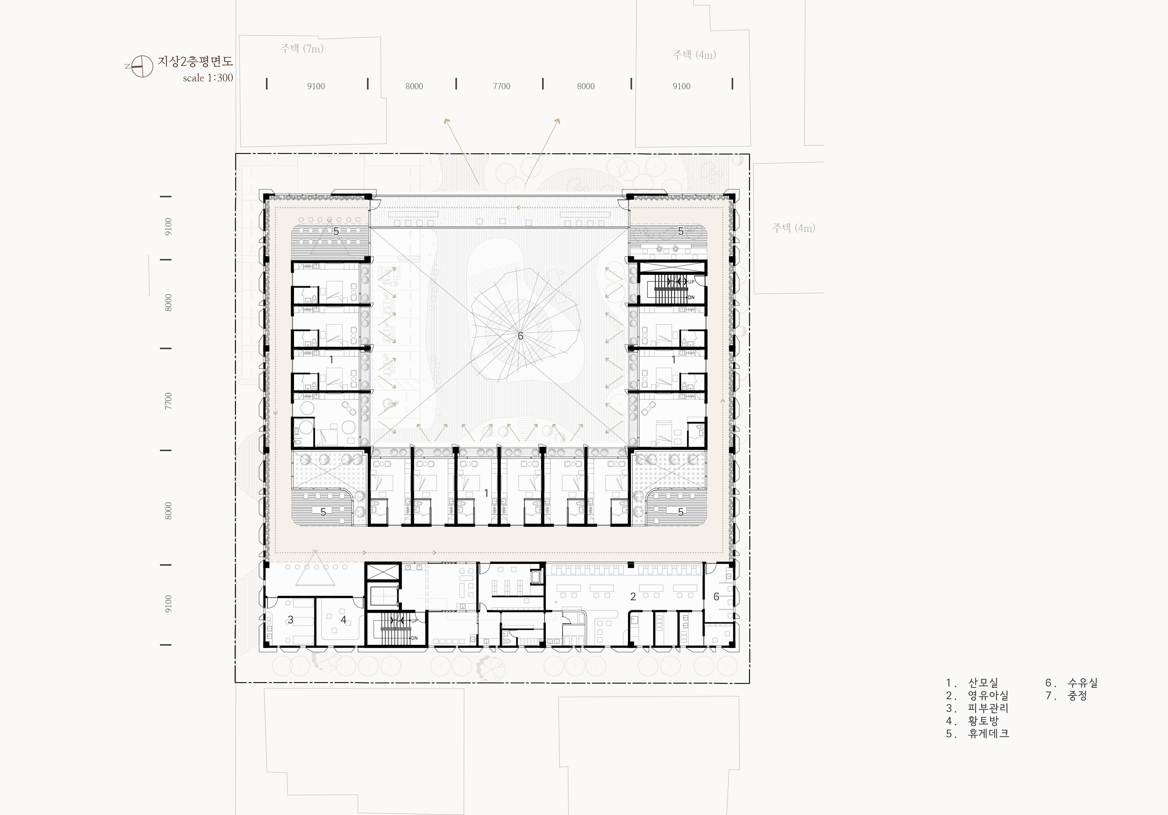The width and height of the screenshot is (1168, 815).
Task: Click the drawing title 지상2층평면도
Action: click(x=195, y=62)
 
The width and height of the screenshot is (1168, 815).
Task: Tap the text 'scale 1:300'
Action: click(x=208, y=78)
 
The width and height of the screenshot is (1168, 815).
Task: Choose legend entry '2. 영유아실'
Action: click(x=977, y=696)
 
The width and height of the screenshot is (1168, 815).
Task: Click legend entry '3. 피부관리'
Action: click(x=977, y=708)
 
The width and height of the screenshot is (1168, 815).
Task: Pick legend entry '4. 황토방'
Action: click(x=972, y=721)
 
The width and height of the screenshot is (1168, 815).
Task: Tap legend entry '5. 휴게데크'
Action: click(x=977, y=734)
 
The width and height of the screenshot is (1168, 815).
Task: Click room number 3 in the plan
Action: click(x=290, y=620)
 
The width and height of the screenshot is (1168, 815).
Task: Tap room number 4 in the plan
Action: click(x=343, y=620)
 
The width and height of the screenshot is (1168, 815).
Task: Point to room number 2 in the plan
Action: click(x=633, y=597)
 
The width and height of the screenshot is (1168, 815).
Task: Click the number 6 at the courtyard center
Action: click(x=520, y=336)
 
